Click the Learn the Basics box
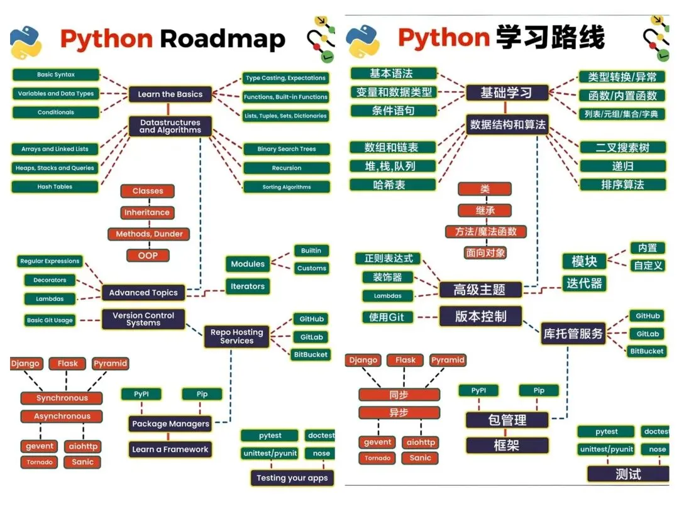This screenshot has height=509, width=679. click(x=170, y=94)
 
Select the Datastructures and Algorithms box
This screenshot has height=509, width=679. click(x=170, y=126)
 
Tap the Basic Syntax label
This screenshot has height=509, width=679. click(x=55, y=75)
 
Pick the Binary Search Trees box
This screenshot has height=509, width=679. click(x=287, y=149)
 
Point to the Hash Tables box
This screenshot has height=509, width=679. click(x=55, y=187)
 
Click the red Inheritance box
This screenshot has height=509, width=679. click(x=147, y=212)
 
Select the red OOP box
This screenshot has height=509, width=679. click(x=148, y=255)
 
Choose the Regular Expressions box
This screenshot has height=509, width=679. click(x=50, y=261)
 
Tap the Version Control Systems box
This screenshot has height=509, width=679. click(x=143, y=319)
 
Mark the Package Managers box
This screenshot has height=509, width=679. click(x=170, y=424)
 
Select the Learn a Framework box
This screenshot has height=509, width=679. click(x=170, y=449)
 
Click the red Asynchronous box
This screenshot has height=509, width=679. click(x=62, y=417)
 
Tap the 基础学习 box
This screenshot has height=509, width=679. click(x=506, y=93)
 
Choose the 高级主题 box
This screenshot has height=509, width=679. click(x=480, y=290)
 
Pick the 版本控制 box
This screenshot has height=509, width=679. click(x=480, y=316)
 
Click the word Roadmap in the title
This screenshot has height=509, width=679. click(x=223, y=39)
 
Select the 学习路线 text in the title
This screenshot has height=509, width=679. click(x=549, y=38)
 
